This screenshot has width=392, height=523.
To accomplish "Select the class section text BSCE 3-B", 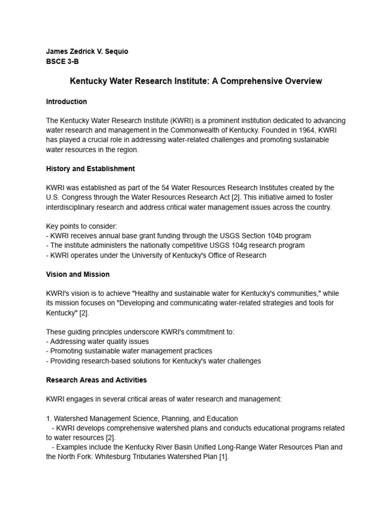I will (x=62, y=61).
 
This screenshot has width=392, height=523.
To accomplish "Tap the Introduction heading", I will (x=66, y=102).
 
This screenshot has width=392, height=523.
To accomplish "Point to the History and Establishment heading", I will (x=90, y=169).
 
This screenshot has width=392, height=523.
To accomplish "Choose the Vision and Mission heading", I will (x=78, y=274).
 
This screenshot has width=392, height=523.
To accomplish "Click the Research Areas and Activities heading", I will (x=96, y=380).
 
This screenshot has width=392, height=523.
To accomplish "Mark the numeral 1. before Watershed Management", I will (x=49, y=419).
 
